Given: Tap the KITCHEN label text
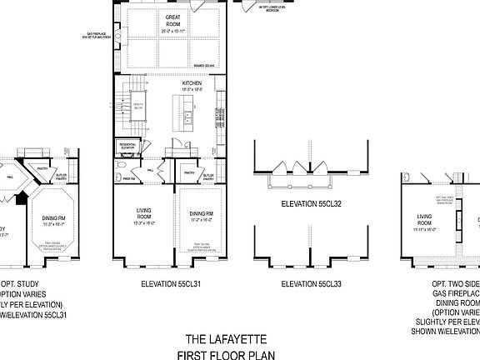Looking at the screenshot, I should click(192, 84).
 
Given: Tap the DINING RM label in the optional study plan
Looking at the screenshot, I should click(52, 218).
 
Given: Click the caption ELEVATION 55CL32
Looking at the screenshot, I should click(312, 203).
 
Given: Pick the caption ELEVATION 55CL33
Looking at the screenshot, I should click(312, 284).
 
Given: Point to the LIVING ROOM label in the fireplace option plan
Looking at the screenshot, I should click(430, 218).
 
